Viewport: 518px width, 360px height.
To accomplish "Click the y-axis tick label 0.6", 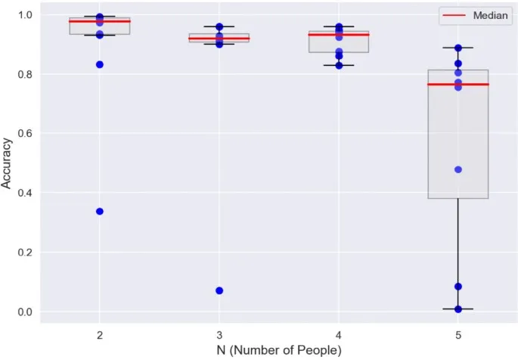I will (25, 133).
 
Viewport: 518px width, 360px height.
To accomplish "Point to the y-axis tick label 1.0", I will (25, 14).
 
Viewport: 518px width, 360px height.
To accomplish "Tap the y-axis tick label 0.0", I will (25, 312).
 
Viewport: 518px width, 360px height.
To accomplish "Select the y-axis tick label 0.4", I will (25, 193).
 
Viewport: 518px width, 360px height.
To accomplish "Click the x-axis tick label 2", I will (100, 334).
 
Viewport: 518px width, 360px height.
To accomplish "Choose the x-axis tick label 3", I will (219, 334).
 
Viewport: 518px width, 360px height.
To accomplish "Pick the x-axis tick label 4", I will (339, 334).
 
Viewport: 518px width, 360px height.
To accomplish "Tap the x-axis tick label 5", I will (458, 334).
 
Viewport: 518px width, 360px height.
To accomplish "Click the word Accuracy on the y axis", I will (7, 163).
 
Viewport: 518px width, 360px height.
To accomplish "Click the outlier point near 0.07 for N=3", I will (219, 290).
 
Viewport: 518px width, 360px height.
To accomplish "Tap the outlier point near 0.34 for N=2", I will (100, 211).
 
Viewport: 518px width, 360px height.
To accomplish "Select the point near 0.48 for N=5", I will (458, 169).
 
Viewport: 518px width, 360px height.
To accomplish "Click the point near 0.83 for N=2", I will (100, 64).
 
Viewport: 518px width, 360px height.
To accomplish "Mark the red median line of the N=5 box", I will (458, 84).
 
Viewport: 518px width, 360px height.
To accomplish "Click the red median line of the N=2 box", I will (100, 21).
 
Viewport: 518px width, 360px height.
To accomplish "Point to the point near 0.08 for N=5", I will (458, 287).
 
